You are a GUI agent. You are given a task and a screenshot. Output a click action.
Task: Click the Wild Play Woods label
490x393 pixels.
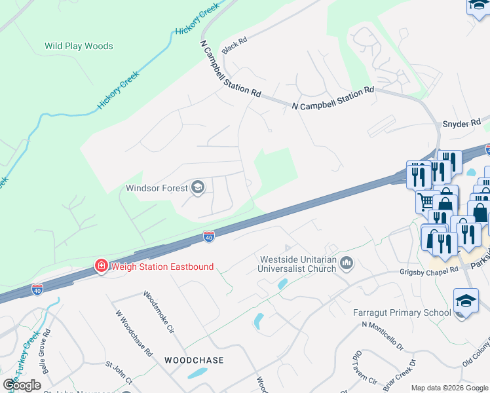click(79, 46)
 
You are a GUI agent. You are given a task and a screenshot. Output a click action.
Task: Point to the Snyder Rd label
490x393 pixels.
click(462, 122)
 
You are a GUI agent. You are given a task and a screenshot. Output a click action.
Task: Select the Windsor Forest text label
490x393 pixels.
click(156, 189)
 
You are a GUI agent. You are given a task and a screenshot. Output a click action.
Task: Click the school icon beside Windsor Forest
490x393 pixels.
click(197, 189)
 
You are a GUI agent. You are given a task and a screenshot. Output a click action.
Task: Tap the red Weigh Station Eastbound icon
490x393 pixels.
click(101, 266)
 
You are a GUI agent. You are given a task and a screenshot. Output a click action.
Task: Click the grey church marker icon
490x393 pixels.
click(347, 263)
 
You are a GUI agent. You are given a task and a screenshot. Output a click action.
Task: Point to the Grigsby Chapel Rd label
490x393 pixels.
click(429, 271)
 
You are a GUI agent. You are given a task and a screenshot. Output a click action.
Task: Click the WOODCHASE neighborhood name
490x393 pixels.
click(194, 360)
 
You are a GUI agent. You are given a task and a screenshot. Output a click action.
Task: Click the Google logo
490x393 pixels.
click(22, 384)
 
